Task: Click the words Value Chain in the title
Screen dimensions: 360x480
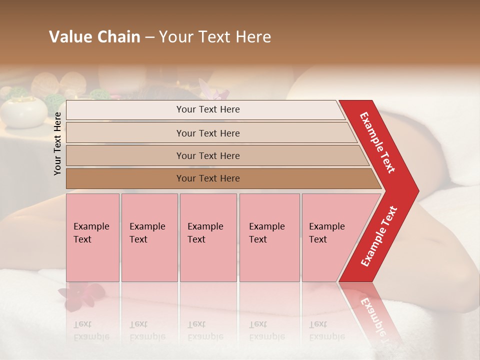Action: coord(94,37)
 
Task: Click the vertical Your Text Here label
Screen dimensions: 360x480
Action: coord(58,143)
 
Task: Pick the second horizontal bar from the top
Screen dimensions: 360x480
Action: coord(208,133)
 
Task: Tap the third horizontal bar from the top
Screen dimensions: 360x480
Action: coord(208,155)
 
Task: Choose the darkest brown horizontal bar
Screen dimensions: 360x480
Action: coord(208,178)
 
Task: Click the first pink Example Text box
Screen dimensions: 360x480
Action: coord(92,237)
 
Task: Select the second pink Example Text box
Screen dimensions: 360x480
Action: coord(149,237)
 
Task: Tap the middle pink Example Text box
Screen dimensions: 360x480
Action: coord(208,237)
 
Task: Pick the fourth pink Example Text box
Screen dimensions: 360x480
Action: coord(269,237)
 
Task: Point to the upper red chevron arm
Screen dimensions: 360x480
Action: coord(379,143)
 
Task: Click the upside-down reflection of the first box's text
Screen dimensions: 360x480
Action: coord(91,330)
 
